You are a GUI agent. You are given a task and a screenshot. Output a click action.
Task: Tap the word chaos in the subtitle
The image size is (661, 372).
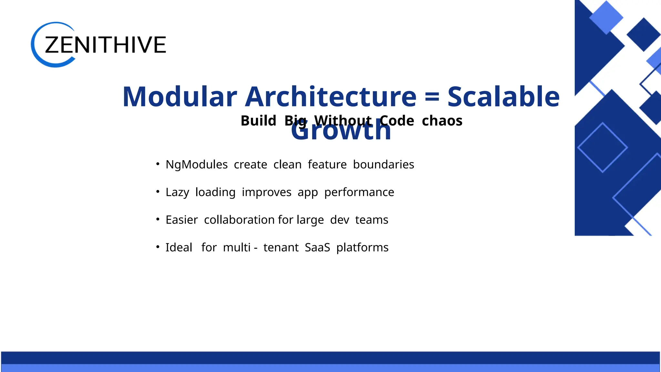coord(442,121)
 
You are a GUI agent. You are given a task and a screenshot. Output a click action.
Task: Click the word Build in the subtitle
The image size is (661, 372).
coord(258,121)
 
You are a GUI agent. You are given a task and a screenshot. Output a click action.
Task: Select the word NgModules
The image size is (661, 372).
coord(197,165)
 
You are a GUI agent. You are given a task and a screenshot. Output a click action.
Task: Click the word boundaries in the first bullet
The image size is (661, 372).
coord(383,165)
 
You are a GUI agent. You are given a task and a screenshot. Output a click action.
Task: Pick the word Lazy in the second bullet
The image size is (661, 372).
coord(177,192)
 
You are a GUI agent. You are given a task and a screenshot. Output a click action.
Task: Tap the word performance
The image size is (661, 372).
coord(359,192)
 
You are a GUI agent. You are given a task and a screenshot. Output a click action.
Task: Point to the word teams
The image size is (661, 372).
coord(371,220)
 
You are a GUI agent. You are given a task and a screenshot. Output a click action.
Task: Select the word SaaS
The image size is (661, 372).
coord(317,248)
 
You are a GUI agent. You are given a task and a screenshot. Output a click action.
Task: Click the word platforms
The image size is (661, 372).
coord(362,248)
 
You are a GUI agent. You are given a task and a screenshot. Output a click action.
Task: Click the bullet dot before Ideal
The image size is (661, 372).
coord(158,247)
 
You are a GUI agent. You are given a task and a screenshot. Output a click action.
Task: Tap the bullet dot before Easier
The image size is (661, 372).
coord(158,219)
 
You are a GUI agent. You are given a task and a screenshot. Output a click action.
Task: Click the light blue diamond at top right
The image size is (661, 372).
coord(606,17)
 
